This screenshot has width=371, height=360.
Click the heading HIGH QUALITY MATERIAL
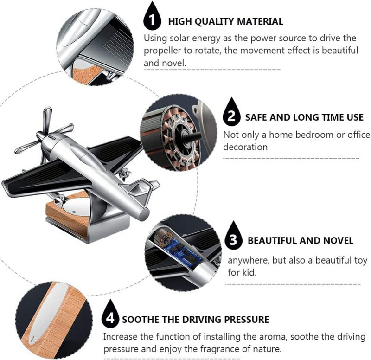click(x=225, y=21)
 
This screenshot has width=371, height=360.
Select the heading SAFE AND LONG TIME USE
click(x=304, y=118)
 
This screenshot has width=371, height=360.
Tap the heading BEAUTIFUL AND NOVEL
click(x=301, y=241)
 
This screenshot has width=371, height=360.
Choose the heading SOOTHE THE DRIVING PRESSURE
click(x=195, y=320)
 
